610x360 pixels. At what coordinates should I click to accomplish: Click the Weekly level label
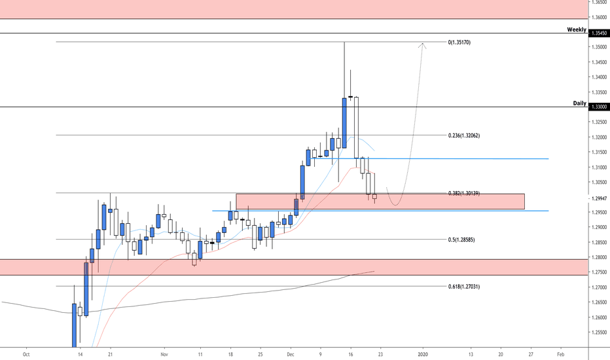pyautogui.click(x=577, y=29)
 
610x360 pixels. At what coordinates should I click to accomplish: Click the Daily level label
pyautogui.click(x=580, y=103)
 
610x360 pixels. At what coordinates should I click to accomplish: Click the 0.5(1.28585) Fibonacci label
pyautogui.click(x=467, y=240)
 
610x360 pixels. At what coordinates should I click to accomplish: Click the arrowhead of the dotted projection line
pyautogui.click(x=423, y=45)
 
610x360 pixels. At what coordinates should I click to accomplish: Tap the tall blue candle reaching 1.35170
pyautogui.click(x=344, y=122)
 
